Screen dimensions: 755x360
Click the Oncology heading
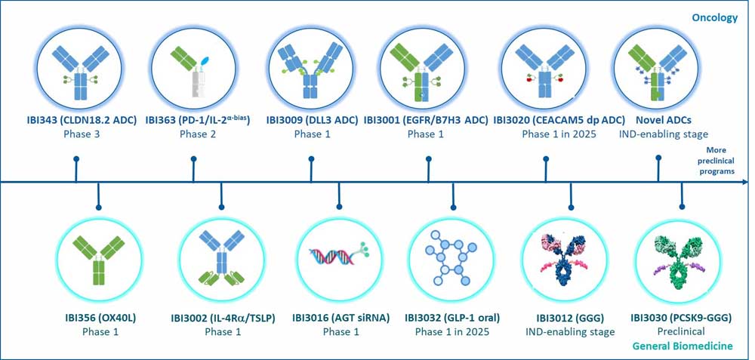714,18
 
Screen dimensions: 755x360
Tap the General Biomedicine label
683,346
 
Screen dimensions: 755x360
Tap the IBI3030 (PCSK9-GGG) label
681,318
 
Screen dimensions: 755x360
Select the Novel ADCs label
662,120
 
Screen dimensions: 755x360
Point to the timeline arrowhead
745,182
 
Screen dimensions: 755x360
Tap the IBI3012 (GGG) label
570,318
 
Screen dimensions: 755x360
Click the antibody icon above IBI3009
311,71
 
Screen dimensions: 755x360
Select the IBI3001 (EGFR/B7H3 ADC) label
426,120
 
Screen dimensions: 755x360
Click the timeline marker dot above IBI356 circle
99,208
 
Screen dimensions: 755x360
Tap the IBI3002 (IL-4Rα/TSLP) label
222,318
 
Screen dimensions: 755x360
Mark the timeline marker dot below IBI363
193,158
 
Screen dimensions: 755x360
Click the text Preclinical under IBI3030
681,331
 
